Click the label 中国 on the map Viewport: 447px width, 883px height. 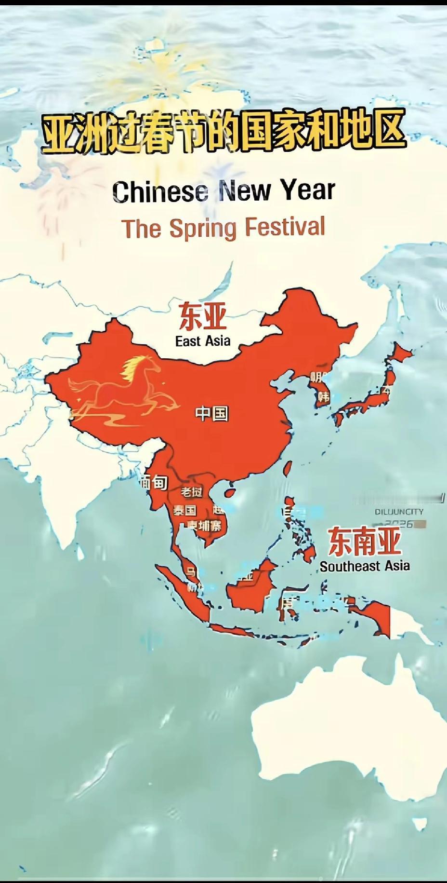pos(211,413)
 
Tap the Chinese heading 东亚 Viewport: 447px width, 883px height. pos(202,317)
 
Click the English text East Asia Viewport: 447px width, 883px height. pos(203,341)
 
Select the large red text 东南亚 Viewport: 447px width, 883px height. pos(364,541)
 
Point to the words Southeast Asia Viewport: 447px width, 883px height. pos(365,566)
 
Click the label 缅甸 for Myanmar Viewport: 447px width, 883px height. pos(154,482)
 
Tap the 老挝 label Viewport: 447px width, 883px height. pos(192,492)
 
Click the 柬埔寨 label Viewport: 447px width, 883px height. pos(205,525)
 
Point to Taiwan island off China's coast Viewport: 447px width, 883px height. pos(288,467)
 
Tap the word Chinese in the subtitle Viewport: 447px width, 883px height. pos(160,191)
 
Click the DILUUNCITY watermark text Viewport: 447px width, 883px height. pos(399,512)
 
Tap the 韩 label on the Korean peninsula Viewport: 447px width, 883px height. pos(323,397)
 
